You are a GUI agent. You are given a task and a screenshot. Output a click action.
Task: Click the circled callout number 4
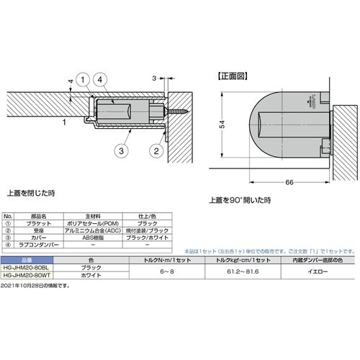pos(102,79)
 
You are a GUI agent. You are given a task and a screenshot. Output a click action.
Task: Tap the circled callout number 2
pos(155,150)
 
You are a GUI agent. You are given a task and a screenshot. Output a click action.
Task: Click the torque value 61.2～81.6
pos(231,271)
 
